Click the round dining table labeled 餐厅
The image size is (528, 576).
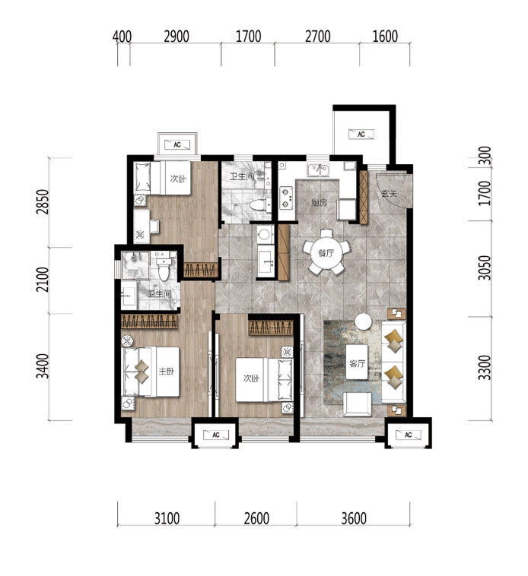pyautogui.click(x=326, y=252)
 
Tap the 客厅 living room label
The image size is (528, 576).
pyautogui.click(x=358, y=364)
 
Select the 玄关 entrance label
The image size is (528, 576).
pyautogui.click(x=390, y=193)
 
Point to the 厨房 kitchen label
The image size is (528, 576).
pyautogui.click(x=319, y=203)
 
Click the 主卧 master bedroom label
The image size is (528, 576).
pyautogui.click(x=166, y=372)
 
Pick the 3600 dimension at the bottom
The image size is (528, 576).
pyautogui.click(x=354, y=518)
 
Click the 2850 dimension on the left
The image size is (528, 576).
pyautogui.click(x=43, y=201)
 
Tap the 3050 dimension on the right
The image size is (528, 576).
pyautogui.click(x=485, y=267)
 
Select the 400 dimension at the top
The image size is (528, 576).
pyautogui.click(x=122, y=36)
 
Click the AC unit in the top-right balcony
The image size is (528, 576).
pyautogui.click(x=361, y=135)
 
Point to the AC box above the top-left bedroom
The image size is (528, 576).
pyautogui.click(x=177, y=144)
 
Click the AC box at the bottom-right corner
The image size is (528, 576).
pyautogui.click(x=408, y=435)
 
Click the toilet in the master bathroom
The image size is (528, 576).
pyautogui.click(x=164, y=269)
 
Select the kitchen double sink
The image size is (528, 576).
pyautogui.click(x=319, y=170)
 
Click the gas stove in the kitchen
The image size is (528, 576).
pyautogui.click(x=286, y=198)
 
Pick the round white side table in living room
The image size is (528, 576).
pyautogui.click(x=363, y=321)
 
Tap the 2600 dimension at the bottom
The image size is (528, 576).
pyautogui.click(x=256, y=518)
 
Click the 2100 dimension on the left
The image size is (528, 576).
pyautogui.click(x=43, y=279)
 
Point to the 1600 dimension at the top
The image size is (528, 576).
pyautogui.click(x=385, y=36)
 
